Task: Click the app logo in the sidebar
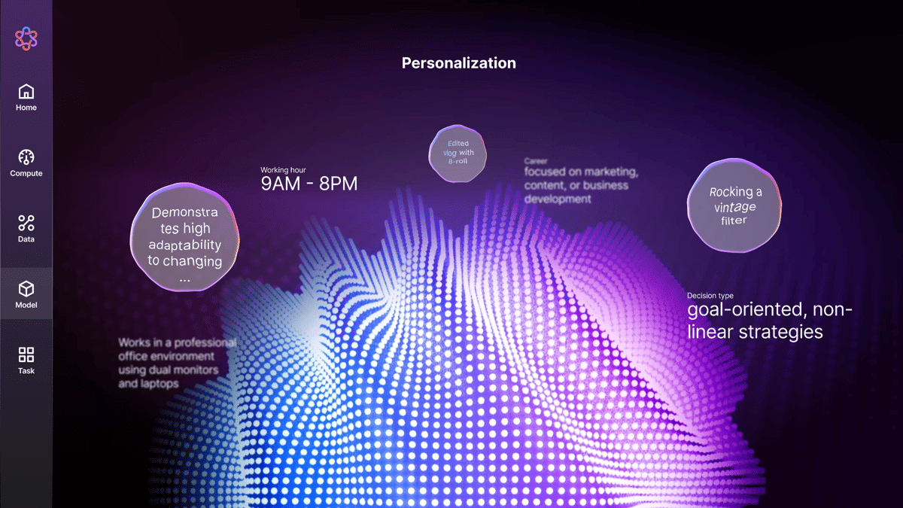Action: tap(26, 38)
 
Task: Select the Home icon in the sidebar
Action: tap(26, 92)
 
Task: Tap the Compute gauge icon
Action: tap(26, 157)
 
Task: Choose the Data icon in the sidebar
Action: tap(26, 223)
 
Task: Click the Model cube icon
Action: tap(26, 289)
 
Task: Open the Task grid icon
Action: tap(26, 354)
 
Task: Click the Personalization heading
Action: tap(458, 63)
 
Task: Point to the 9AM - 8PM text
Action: tap(309, 184)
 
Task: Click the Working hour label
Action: tap(283, 170)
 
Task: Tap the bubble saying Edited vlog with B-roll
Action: tap(458, 153)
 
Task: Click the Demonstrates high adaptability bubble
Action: tap(185, 236)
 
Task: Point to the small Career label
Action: tap(536, 161)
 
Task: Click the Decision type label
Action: tap(710, 296)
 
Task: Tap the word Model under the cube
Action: tap(26, 305)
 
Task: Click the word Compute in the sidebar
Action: tap(26, 173)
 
